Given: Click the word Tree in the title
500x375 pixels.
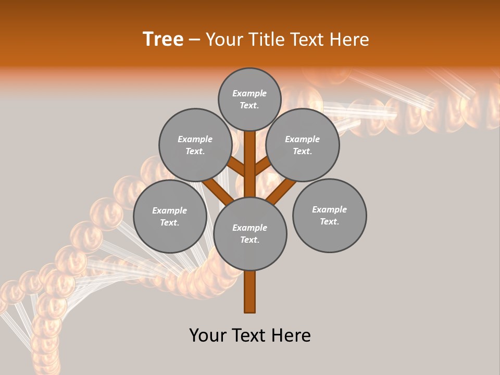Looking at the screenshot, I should [x=163, y=40].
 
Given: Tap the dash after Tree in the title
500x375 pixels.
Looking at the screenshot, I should [x=194, y=40].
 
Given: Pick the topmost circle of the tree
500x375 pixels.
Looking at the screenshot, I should [x=249, y=99].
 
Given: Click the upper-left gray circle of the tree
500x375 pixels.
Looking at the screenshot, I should [x=195, y=145].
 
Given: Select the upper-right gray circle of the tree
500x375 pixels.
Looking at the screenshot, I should [x=303, y=145].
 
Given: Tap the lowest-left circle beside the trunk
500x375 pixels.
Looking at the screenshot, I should [x=170, y=216].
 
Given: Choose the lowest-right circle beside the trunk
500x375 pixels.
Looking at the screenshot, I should [x=330, y=215].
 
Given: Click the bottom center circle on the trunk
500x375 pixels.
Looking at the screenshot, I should [x=250, y=234].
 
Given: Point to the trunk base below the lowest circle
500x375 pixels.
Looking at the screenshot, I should [x=250, y=292].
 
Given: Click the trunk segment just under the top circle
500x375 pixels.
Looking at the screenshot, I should [x=250, y=148].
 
